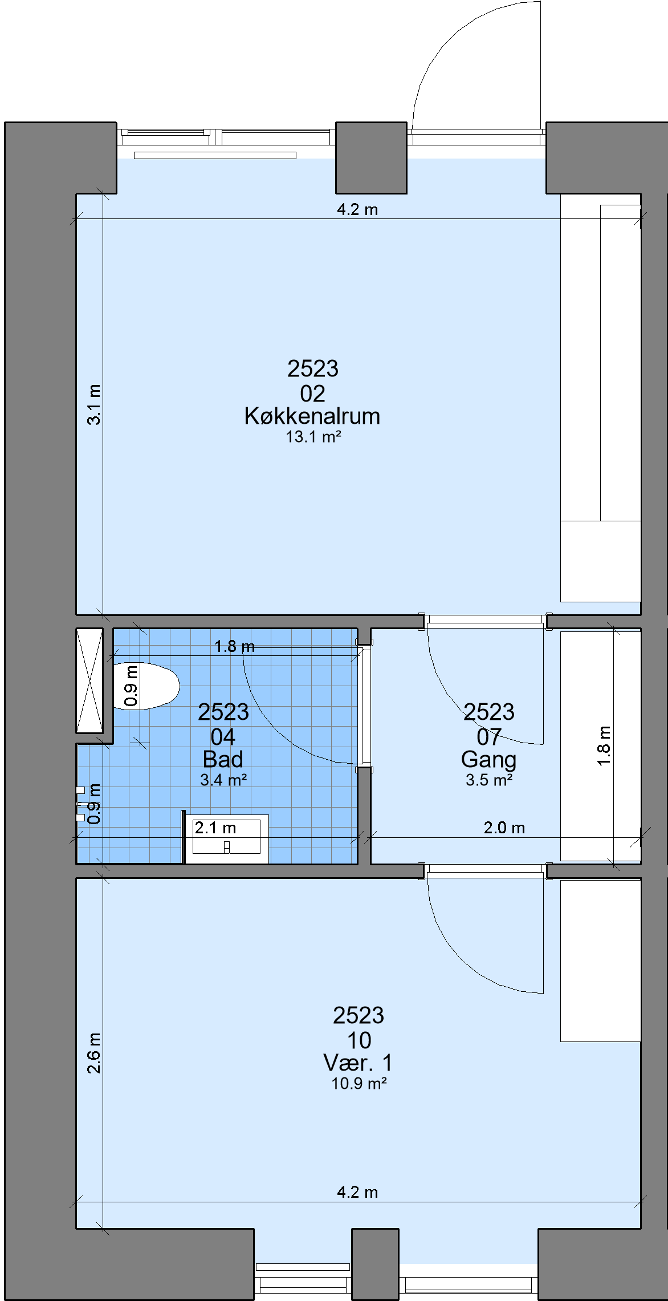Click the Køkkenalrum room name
coord(312,416)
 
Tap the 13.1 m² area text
coord(313,437)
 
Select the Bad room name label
coord(223,759)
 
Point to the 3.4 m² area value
coord(223,780)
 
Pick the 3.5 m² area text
coord(489,780)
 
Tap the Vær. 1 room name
coord(358,1063)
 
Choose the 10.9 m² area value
coord(359,1083)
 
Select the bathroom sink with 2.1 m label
coord(227,836)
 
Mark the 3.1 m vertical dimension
coord(94,404)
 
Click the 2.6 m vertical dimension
coord(94,1053)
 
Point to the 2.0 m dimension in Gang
coord(504,828)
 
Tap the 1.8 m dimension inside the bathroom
coord(234,646)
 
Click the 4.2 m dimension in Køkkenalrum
coord(357,209)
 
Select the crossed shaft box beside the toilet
coord(89,680)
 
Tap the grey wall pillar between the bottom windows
coord(375,1264)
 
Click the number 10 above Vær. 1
coord(359,1040)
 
